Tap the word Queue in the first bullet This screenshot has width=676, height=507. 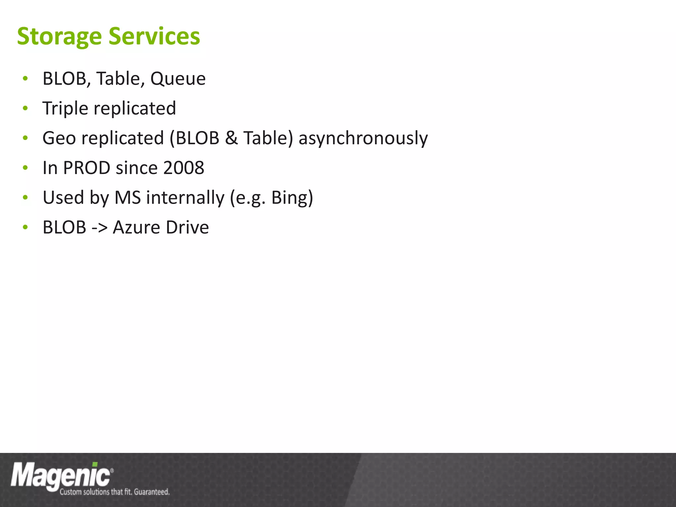178,79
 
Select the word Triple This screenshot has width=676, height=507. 65,109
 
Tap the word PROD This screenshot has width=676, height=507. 86,168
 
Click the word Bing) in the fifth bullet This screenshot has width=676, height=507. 292,198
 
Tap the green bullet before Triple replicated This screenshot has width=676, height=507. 25,109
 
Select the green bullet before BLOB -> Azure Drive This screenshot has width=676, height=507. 25,227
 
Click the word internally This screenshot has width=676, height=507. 185,198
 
